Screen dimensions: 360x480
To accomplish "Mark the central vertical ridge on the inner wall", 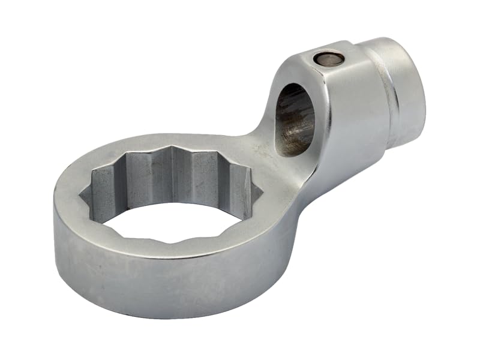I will [173, 174].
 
